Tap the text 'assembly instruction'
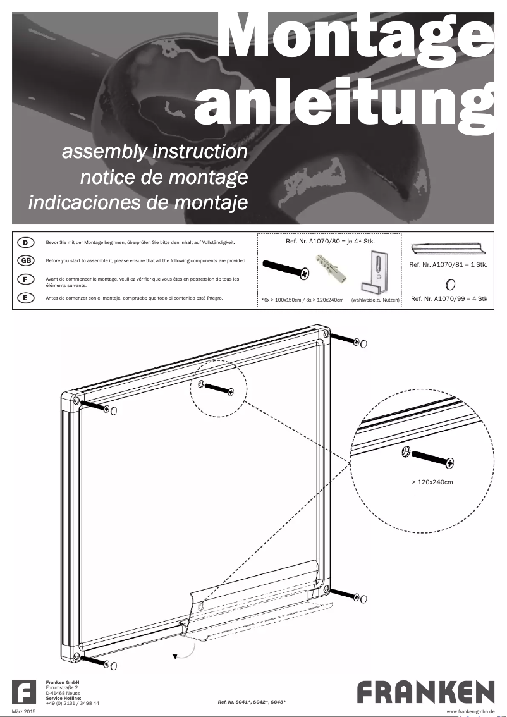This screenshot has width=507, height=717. (x=154, y=152)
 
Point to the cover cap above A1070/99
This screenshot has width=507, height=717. (x=450, y=284)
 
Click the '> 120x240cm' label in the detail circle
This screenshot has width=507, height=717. (x=432, y=482)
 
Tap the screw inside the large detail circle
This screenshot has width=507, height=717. (x=430, y=458)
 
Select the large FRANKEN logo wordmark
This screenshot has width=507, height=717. (x=425, y=692)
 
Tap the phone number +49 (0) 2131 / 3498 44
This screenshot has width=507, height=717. (x=73, y=703)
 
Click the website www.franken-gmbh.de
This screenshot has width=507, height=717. (x=470, y=712)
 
